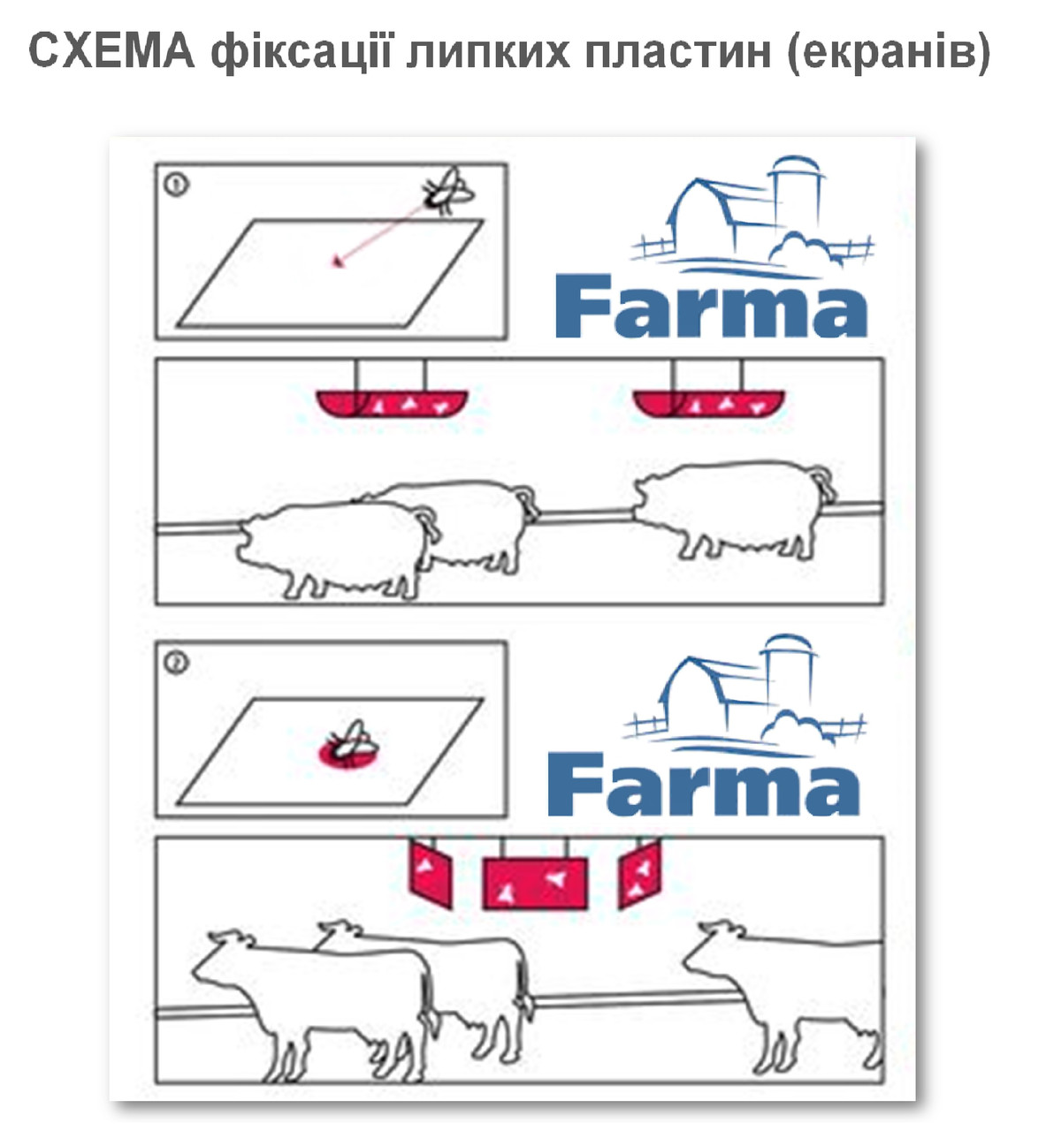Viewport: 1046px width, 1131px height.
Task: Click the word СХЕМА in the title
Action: [111, 51]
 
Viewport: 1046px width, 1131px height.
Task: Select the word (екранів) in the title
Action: [889, 53]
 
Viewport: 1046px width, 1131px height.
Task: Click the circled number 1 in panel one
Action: [176, 185]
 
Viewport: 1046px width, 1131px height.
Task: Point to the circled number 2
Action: [176, 663]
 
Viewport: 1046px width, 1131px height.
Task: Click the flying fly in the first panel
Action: [447, 191]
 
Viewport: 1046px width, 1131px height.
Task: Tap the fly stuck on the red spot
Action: [349, 744]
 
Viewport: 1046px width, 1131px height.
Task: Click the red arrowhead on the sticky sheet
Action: [337, 262]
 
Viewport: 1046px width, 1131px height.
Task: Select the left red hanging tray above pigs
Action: [393, 403]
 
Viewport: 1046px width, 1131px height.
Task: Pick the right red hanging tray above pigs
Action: [709, 403]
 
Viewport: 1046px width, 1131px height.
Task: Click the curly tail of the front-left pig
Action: [431, 524]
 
